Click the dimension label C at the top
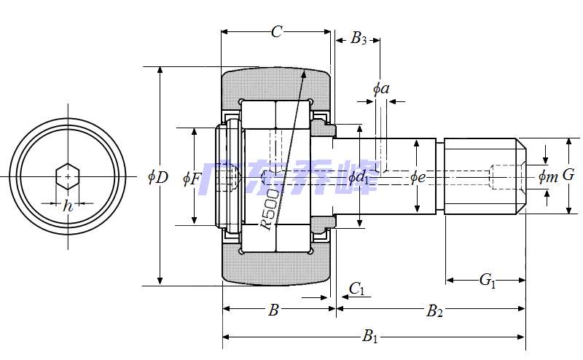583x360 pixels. coord(276,31)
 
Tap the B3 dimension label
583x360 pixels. coord(359,39)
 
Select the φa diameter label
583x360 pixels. coord(380,89)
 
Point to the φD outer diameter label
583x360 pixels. coord(157,176)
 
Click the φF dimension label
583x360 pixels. coord(191,177)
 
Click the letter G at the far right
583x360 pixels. coord(569,175)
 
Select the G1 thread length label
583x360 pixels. coord(488,279)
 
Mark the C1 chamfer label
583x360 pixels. coord(356,289)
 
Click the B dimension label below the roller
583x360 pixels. coord(273,310)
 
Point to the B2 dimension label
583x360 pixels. coord(434,311)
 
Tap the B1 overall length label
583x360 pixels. coord(371,337)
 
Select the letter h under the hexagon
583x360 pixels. coord(68,206)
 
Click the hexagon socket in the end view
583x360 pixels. coord(68,176)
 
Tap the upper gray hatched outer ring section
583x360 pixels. coord(276,84)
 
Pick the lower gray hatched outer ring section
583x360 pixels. coord(276,267)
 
